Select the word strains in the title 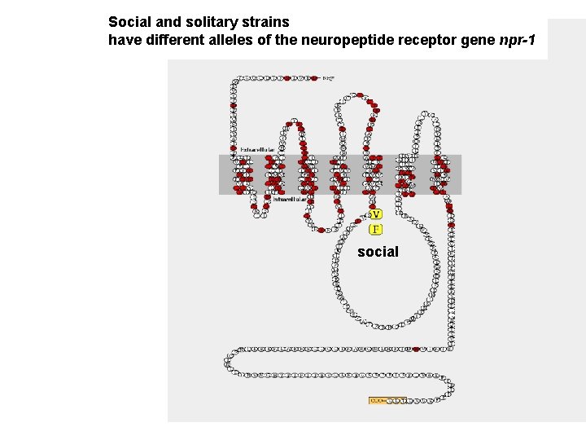[265, 22]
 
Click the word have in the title [124, 41]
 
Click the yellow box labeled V [375, 214]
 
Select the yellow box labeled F [375, 229]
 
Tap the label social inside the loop [378, 252]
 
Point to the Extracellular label [257, 151]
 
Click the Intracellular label [289, 198]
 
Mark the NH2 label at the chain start [328, 78]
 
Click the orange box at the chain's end [387, 401]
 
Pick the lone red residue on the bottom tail [417, 350]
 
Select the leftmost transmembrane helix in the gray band [243, 174]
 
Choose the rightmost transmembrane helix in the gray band [440, 174]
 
